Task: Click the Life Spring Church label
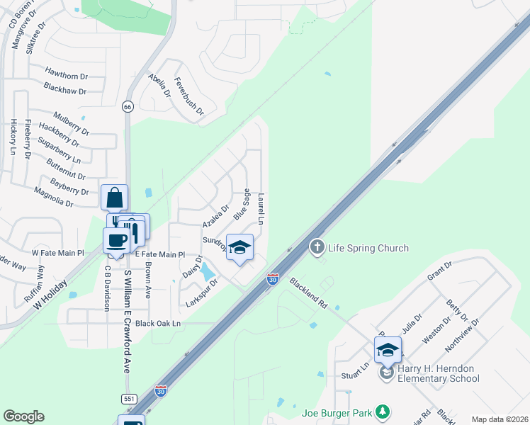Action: click(368, 248)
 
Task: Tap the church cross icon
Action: click(317, 247)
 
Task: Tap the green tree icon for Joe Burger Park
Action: click(383, 411)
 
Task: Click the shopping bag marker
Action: click(114, 198)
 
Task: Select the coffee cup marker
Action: click(117, 239)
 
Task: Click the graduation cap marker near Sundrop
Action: click(239, 248)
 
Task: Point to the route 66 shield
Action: click(128, 106)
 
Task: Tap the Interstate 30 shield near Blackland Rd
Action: click(273, 279)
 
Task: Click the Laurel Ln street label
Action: click(261, 210)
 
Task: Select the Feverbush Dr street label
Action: click(189, 96)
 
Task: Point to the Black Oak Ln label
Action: click(158, 323)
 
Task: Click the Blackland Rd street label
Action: click(308, 292)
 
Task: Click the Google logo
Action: click(23, 416)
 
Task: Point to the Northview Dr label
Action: click(462, 335)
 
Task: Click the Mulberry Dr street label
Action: click(71, 122)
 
